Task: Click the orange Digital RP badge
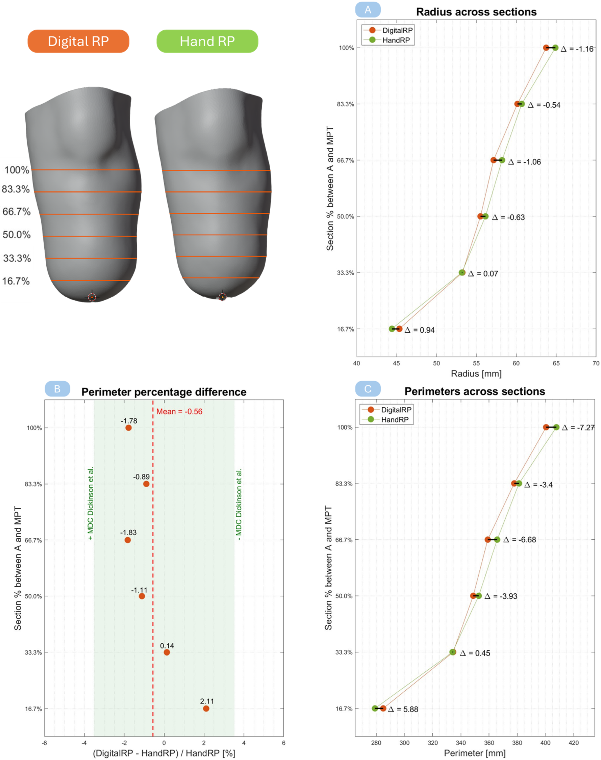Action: [x=78, y=41]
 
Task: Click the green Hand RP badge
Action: [x=207, y=41]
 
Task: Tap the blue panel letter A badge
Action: [x=368, y=10]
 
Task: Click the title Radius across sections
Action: [x=476, y=12]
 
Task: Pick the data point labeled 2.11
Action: [x=206, y=708]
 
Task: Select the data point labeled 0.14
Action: [x=167, y=652]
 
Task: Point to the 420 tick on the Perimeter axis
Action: [x=574, y=743]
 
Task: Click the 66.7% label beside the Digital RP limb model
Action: [x=17, y=212]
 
